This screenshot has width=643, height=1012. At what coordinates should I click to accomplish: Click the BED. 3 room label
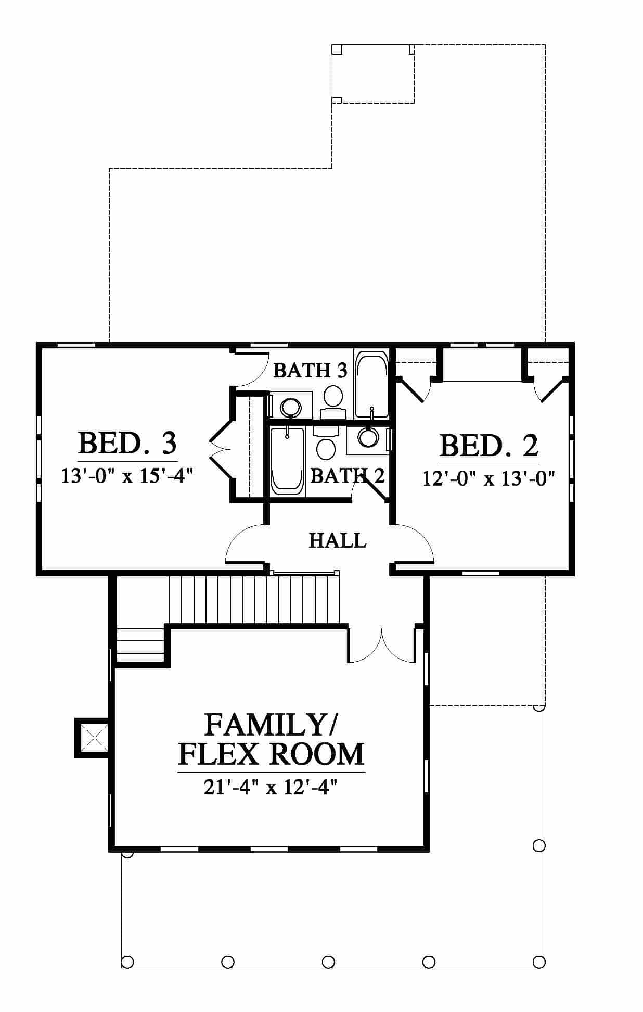click(127, 443)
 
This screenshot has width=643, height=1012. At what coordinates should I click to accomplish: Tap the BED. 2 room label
click(489, 446)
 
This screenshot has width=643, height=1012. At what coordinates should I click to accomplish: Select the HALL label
click(338, 540)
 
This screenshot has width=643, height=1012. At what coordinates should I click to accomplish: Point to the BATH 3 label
click(310, 370)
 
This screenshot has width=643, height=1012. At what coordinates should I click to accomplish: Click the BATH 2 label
click(347, 475)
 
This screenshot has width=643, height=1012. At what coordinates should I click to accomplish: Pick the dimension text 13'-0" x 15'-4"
click(128, 476)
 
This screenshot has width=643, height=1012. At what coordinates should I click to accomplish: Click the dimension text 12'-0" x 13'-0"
click(489, 478)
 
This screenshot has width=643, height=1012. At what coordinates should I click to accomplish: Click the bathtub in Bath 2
click(287, 460)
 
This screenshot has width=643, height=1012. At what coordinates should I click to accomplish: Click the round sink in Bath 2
click(368, 437)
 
